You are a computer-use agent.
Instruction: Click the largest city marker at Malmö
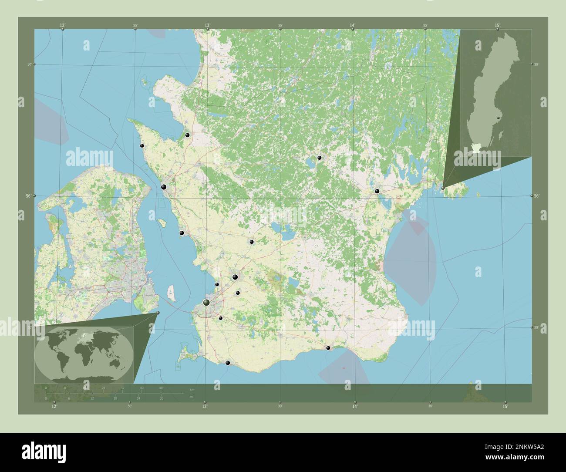coord(207,302)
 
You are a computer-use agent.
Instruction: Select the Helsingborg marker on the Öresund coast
coord(164,187)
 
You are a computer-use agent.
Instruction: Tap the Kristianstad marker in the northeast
coord(377,191)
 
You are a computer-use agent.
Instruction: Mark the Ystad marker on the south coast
coord(328,347)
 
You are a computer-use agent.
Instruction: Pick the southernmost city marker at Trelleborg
coord(227,362)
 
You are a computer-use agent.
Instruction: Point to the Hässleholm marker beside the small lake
coord(319,158)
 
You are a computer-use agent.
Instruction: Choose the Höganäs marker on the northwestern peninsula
coord(141,146)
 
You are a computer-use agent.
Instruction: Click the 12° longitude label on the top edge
coord(63,26)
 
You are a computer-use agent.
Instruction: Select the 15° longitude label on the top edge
coord(497,26)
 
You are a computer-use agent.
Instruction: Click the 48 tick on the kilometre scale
coord(161,388)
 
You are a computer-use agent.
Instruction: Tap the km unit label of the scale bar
coord(192,388)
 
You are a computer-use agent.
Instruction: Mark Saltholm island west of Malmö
coord(172,293)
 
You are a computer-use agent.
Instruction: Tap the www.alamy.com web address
coord(512,457)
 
